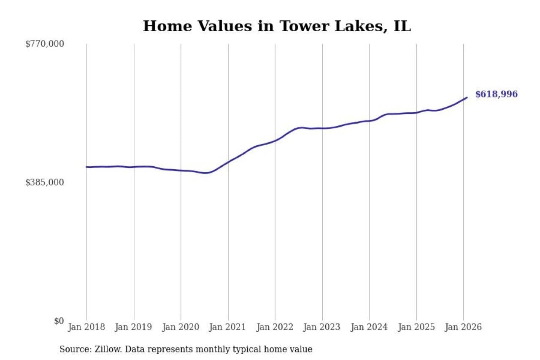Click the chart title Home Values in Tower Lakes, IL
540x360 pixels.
(x=277, y=26)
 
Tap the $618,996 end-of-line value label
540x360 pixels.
(x=496, y=95)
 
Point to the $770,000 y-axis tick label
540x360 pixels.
(x=44, y=44)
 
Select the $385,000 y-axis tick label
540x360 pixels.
(x=44, y=182)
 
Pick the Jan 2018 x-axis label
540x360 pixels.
(x=86, y=328)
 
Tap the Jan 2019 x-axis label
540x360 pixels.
(x=134, y=328)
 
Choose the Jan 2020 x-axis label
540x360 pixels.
(x=181, y=328)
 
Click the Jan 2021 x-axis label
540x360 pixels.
(x=228, y=328)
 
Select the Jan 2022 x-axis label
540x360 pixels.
(x=275, y=328)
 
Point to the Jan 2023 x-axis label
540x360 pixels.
(x=322, y=328)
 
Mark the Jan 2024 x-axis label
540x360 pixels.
(x=369, y=328)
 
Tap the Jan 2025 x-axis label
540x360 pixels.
(x=416, y=328)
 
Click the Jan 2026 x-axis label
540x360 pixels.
(x=463, y=328)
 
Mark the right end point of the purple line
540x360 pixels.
(x=467, y=97)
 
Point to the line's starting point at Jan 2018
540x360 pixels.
(x=86, y=167)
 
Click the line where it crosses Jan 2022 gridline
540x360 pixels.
(x=275, y=141)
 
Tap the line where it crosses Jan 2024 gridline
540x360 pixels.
(x=369, y=121)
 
